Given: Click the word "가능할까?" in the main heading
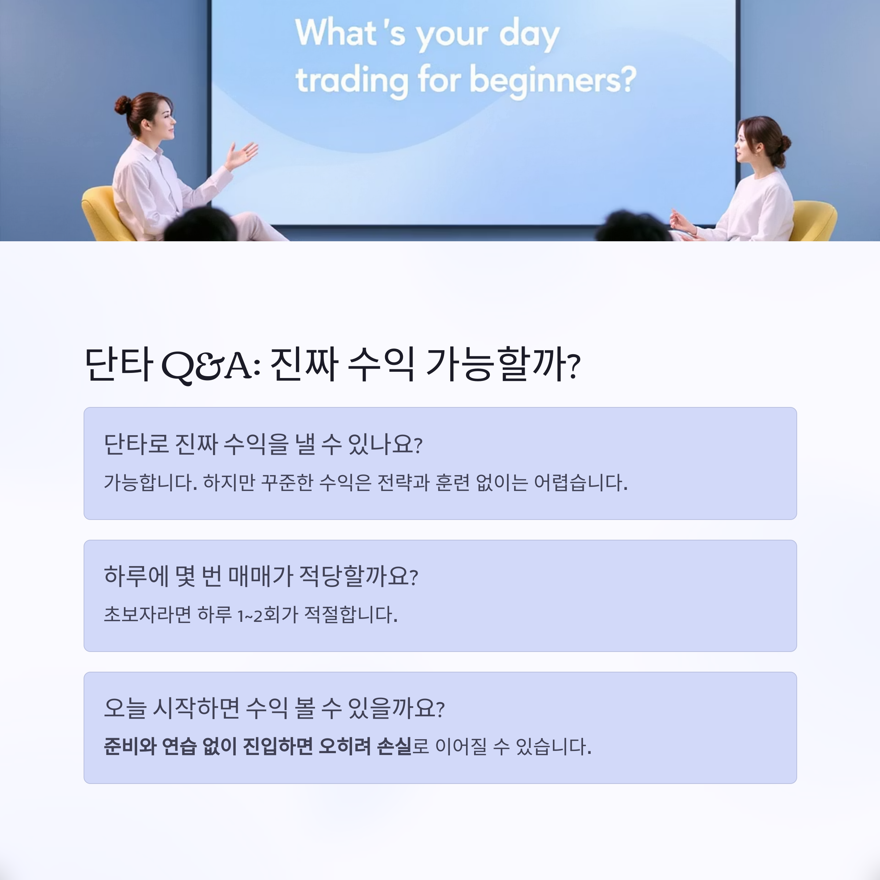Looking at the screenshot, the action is coord(503,364).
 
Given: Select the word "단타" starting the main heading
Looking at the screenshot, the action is coord(118,364).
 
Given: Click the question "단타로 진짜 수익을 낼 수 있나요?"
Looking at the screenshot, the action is coord(263,444).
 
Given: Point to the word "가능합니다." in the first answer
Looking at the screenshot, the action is coord(151,483).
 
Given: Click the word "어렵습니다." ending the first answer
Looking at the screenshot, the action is coord(581,483).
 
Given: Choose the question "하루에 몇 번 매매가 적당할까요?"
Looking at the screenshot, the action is coord(261,576).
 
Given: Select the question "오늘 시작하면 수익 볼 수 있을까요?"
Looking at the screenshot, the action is coord(274,708).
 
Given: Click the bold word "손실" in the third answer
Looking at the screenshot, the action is coord(395,747).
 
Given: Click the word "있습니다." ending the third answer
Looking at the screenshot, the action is coord(553,747).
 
